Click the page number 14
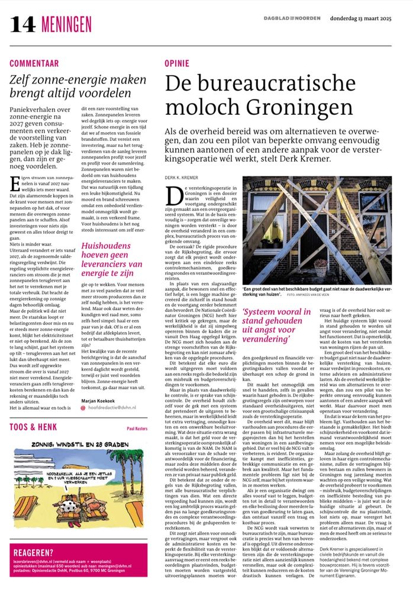(x=23, y=23)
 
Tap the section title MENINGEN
(x=66, y=24)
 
